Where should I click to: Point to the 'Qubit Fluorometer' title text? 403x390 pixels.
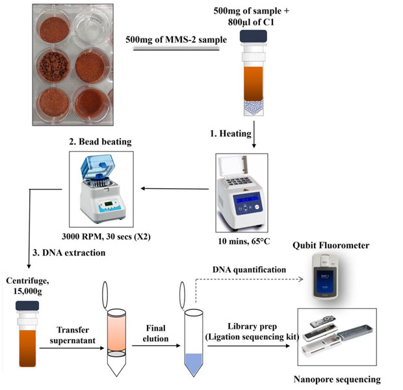(x=333, y=245)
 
